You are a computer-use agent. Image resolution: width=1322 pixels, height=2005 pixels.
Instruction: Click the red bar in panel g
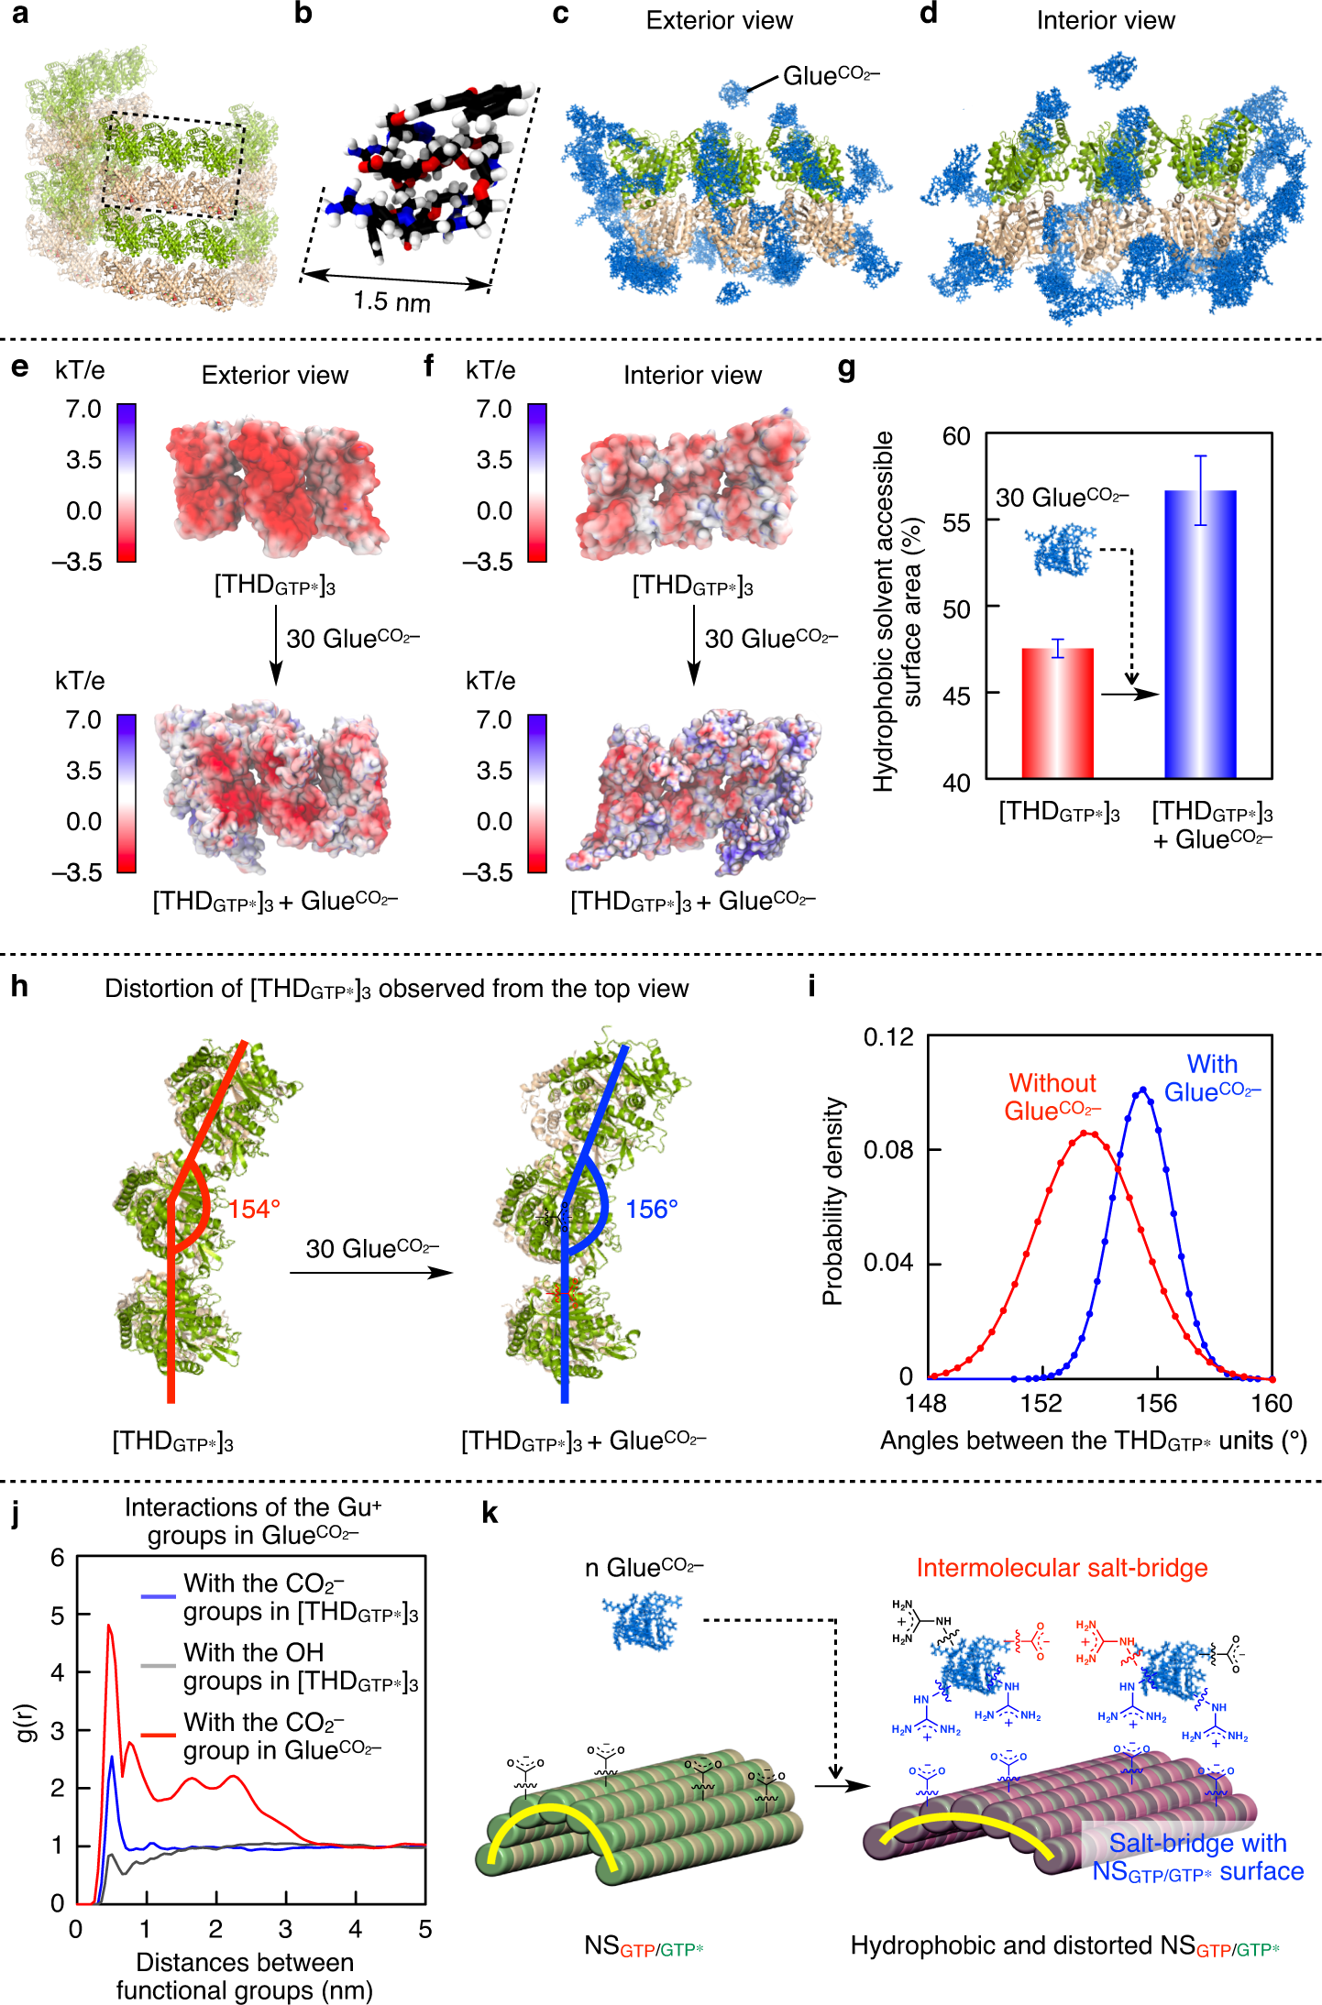point(1057,715)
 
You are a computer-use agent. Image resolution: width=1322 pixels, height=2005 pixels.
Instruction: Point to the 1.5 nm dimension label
point(392,301)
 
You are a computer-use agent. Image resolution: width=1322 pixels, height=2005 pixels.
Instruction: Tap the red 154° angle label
point(254,1210)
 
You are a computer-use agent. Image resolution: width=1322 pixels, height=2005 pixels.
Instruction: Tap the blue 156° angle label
point(652,1210)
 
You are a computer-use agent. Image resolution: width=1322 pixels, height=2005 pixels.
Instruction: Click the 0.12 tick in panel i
point(888,1036)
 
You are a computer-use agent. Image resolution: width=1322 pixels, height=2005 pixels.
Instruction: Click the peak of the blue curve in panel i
point(1142,1090)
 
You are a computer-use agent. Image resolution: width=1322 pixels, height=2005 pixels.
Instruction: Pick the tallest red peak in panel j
point(109,1627)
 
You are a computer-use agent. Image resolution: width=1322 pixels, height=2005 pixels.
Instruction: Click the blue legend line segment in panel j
point(158,1597)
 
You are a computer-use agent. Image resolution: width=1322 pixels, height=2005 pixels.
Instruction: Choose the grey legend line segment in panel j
point(158,1665)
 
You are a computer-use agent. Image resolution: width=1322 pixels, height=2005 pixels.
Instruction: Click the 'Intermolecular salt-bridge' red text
point(1062,1568)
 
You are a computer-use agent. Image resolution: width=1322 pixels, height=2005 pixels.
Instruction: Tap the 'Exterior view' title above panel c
point(719,20)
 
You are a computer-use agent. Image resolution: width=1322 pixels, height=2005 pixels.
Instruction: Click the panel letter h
point(19,987)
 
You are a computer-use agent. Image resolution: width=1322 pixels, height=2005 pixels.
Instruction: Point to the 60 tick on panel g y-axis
point(956,436)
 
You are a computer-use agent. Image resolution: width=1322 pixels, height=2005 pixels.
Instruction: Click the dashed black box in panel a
point(173,166)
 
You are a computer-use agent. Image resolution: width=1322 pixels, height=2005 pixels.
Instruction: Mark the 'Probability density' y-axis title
point(832,1200)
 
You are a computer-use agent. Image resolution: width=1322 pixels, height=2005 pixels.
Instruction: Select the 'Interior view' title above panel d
point(1105,20)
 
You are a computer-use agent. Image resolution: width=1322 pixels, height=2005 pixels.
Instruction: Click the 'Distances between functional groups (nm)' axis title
point(245,1976)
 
